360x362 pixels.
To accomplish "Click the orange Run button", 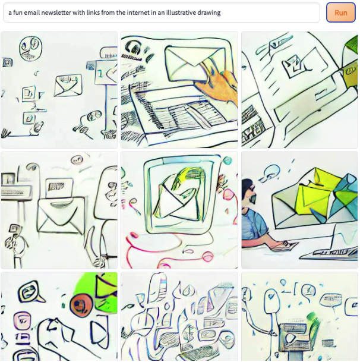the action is click(x=340, y=12).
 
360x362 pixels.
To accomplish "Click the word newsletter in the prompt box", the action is click(x=56, y=12).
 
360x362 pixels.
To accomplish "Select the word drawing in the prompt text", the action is click(x=209, y=12).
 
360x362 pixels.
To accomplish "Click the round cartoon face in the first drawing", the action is click(x=30, y=48).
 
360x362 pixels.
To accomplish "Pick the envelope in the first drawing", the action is click(x=68, y=85).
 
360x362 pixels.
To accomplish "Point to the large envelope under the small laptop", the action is click(x=61, y=215).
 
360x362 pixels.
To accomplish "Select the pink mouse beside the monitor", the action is click(x=133, y=235).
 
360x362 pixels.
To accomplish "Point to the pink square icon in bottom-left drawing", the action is click(x=22, y=320).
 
